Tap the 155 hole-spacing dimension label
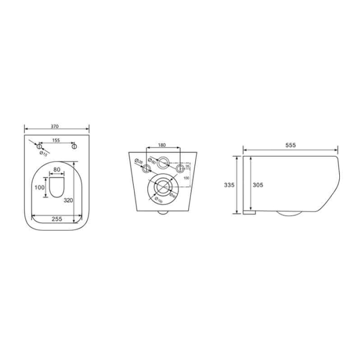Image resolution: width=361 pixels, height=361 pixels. tap(57, 140)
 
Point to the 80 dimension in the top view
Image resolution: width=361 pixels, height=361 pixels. tap(57, 170)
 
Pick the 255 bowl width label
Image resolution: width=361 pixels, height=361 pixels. tap(57, 219)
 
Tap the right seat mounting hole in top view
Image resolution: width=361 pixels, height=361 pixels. tap(75, 147)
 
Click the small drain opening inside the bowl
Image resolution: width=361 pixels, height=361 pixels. tap(57, 187)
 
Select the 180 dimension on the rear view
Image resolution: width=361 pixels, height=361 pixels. tap(162, 145)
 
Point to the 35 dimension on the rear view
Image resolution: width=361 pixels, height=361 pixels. tap(187, 166)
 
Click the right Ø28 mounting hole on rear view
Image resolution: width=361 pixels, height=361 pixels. tap(180, 169)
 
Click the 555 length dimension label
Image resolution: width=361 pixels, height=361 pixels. tap(291, 145)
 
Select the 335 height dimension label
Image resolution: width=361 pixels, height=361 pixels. tap(231, 185)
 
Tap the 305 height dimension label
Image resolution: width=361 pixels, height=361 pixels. tap(255, 185)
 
